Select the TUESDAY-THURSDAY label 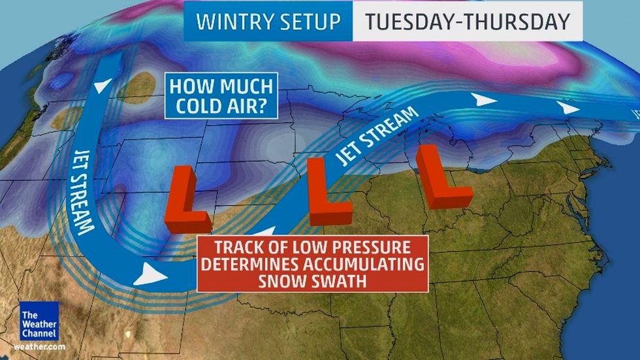coord(468,22)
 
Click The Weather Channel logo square coord(39,321)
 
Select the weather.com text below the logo coord(39,346)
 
